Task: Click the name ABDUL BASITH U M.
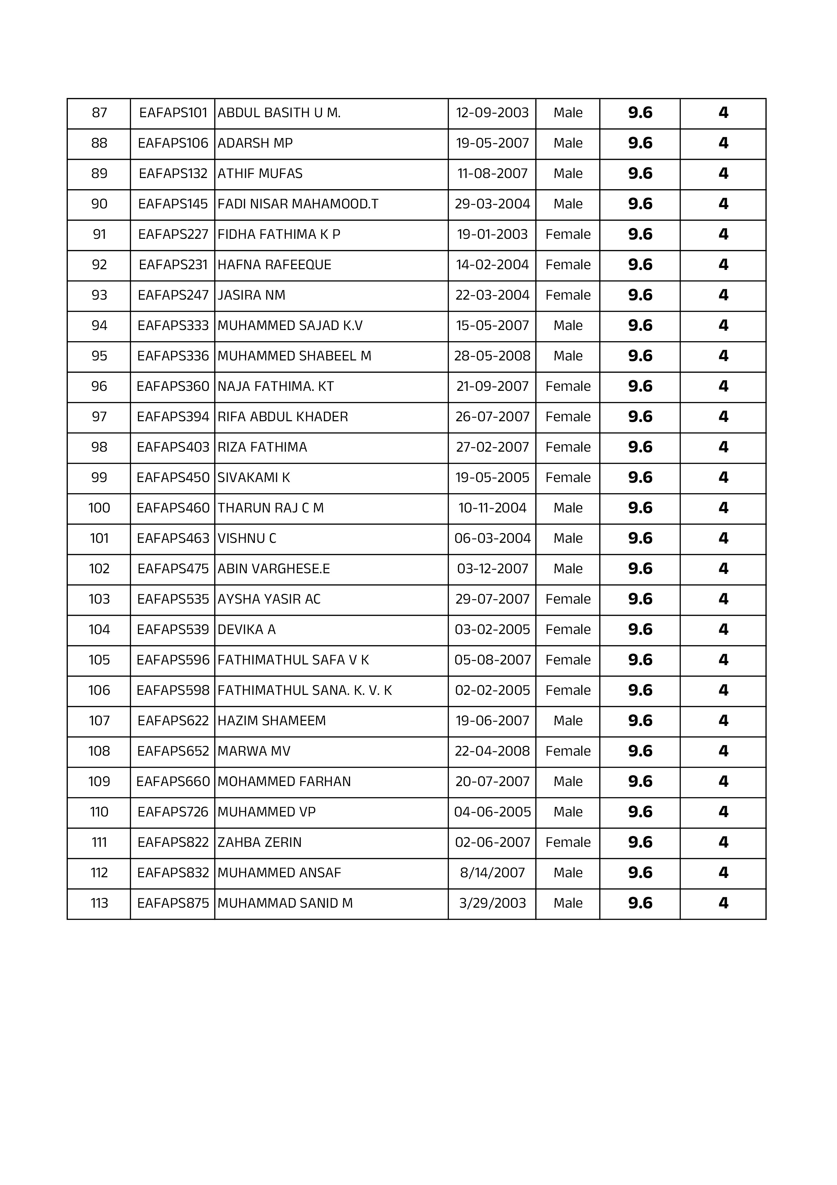tap(279, 113)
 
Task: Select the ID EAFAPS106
tap(173, 144)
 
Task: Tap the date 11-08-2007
tap(492, 174)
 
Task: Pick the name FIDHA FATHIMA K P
tap(278, 235)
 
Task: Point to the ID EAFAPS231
tap(173, 265)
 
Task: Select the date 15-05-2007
tap(492, 326)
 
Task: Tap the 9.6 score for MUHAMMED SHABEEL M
tap(640, 357)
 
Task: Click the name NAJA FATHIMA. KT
tap(275, 387)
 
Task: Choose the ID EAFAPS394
tap(173, 418)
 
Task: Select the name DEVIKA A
tap(246, 630)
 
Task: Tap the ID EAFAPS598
tap(173, 691)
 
